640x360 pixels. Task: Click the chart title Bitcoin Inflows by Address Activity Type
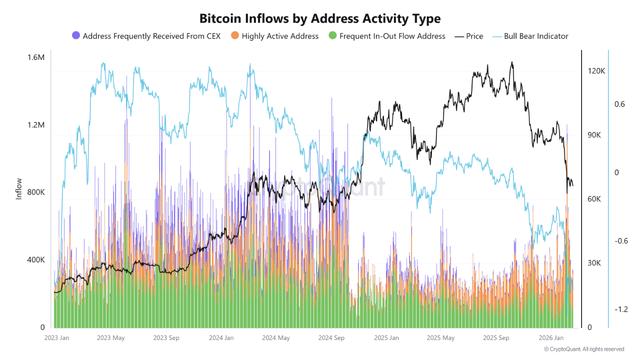pos(320,18)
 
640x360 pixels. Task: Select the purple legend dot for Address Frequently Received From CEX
pos(76,35)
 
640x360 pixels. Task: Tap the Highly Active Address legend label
pos(280,36)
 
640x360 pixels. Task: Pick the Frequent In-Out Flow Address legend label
pos(392,36)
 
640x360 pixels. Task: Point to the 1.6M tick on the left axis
pos(35,57)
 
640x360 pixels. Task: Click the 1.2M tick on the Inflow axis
pos(35,125)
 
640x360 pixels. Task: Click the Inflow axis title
pos(19,188)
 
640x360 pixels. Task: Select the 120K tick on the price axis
pos(596,71)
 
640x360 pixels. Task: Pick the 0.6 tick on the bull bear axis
pos(619,104)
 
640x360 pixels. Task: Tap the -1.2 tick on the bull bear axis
pos(620,309)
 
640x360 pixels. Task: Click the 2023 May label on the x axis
pos(110,338)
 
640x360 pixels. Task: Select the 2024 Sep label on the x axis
pos(332,338)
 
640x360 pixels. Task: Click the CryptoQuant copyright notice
pos(584,349)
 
